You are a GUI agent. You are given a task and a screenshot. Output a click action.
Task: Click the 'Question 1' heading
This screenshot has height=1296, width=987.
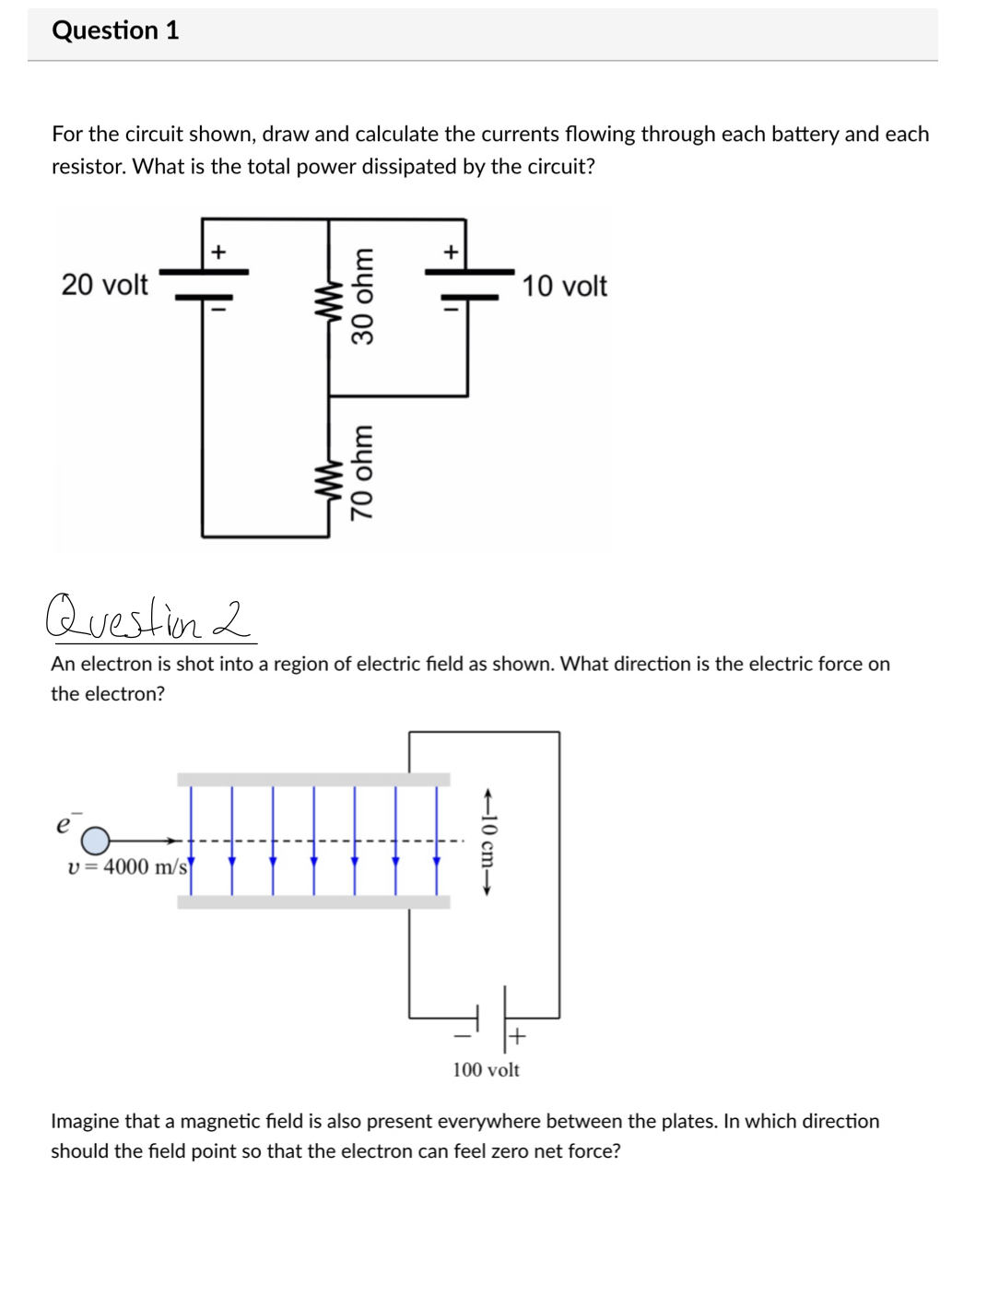[115, 30]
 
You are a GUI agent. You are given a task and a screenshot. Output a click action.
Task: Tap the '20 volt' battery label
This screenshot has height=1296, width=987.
[104, 285]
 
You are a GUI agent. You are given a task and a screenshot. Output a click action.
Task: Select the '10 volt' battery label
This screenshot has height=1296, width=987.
[564, 287]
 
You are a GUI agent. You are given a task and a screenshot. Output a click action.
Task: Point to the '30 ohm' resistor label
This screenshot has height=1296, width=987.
[363, 296]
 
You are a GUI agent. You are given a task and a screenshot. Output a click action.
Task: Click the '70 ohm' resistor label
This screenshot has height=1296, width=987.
[363, 473]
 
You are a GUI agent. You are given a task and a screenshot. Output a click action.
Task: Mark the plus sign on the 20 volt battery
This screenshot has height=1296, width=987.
[218, 251]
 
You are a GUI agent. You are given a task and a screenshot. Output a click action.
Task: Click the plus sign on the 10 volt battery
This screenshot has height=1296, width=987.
[451, 251]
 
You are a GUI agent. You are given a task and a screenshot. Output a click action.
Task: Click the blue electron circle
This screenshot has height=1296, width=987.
[95, 841]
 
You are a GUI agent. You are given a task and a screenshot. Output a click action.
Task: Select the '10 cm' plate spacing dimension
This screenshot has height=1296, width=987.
[488, 841]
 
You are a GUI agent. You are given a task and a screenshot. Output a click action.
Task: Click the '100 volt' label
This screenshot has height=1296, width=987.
[486, 1069]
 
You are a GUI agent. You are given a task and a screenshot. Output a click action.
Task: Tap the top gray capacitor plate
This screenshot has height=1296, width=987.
[313, 780]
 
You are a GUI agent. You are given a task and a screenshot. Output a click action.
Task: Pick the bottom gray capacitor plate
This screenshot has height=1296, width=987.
[313, 902]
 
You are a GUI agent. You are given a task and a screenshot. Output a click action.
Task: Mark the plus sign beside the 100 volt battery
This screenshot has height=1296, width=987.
[517, 1036]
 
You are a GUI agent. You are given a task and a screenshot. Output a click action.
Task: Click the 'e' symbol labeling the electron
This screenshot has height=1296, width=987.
[64, 824]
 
